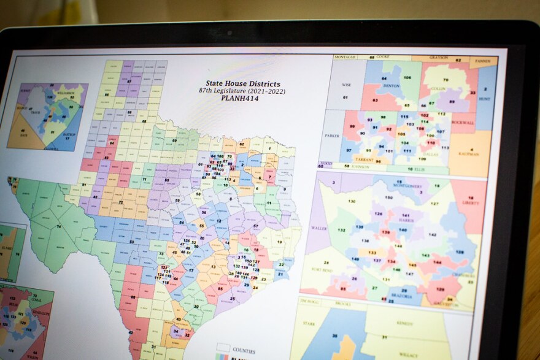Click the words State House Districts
pos(242,83)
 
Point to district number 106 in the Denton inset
pos(407,77)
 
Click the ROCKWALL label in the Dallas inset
pos(460,121)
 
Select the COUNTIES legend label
pos(244,351)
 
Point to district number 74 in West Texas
pos(58,226)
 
